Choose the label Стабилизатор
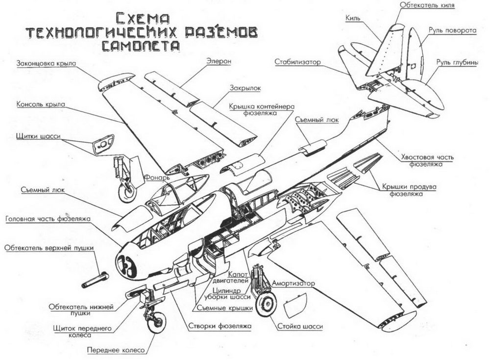[297, 62]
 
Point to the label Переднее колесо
[116, 350]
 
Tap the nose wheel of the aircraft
[156, 322]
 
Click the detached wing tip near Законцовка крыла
[116, 81]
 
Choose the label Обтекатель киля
[427, 5]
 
